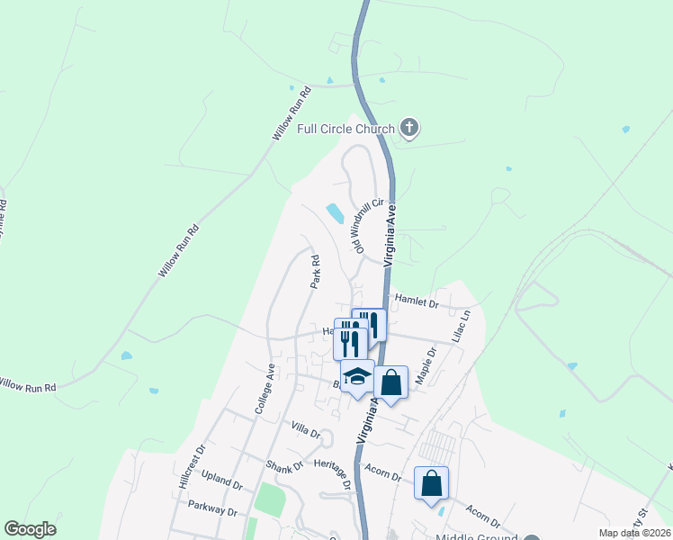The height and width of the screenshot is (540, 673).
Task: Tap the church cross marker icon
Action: point(409,128)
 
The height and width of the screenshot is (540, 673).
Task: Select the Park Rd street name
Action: point(315,272)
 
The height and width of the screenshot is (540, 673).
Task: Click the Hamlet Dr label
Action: point(415,305)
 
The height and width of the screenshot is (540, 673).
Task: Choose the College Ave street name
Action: point(264,389)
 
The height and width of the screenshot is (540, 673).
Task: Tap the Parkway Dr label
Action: point(212,506)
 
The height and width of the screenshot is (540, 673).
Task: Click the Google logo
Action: point(30,529)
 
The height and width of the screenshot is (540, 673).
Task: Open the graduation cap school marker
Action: point(357,376)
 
